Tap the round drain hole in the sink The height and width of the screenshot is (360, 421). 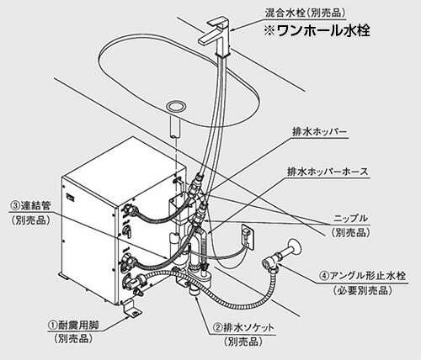coord(178,107)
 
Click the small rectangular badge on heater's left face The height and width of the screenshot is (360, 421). coord(71,199)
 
